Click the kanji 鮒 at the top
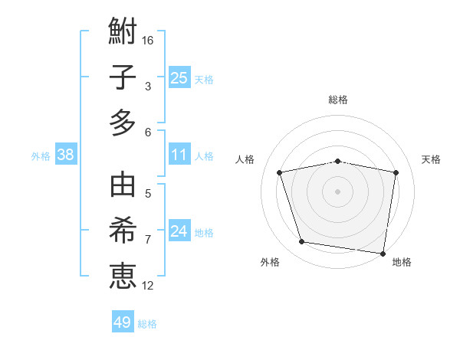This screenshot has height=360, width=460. click(123, 33)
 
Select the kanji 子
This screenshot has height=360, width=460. click(123, 77)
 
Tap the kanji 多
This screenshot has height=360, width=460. click(123, 123)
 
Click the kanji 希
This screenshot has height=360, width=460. click(123, 231)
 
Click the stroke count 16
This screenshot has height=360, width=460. click(149, 40)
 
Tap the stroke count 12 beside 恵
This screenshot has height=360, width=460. click(149, 286)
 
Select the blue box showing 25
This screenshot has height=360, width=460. click(179, 77)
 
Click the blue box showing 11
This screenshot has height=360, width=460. click(179, 155)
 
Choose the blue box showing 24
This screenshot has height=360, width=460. click(179, 231)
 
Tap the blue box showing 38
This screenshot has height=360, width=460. click(66, 155)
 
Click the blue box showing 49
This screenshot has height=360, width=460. click(123, 322)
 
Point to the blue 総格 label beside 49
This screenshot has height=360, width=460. click(147, 324)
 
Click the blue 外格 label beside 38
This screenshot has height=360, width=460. click(41, 156)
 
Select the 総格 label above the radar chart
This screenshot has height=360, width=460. click(338, 100)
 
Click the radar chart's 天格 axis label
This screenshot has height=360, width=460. click(431, 159)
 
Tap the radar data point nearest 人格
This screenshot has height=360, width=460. click(280, 172)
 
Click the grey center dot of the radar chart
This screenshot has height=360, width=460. click(338, 191)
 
